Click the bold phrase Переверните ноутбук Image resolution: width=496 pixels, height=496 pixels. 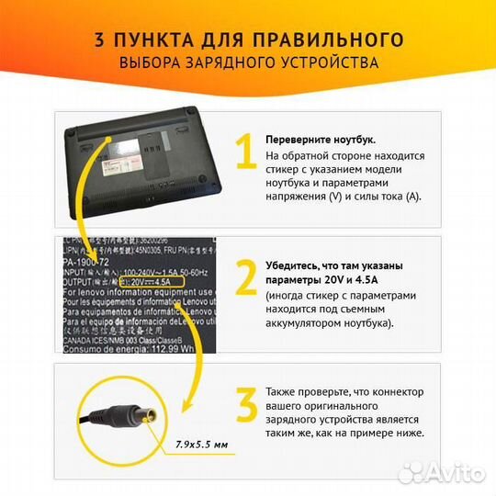pyautogui.click(x=321, y=139)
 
